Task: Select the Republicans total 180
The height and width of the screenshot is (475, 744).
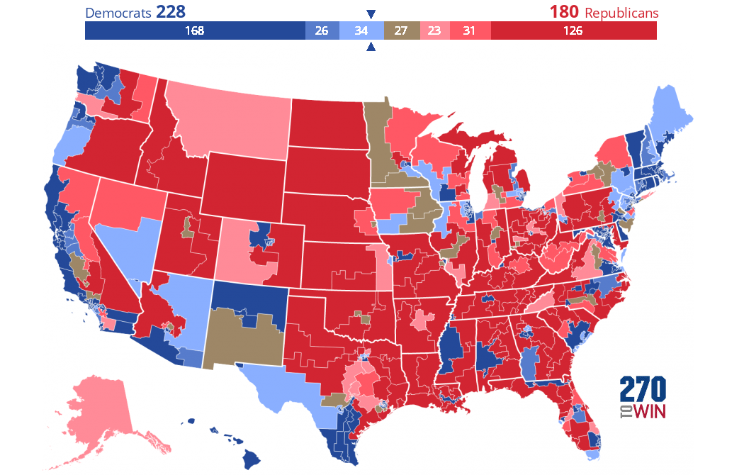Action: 564,13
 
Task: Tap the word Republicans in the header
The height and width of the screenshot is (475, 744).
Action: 621,13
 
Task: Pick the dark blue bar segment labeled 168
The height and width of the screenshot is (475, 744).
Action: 195,31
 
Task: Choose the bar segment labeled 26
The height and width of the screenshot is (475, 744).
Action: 322,31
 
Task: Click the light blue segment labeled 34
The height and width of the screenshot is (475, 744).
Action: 361,31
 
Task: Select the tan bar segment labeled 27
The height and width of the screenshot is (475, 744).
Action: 402,31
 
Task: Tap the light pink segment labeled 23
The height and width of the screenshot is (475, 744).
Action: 434,31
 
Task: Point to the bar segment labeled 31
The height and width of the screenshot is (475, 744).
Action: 468,31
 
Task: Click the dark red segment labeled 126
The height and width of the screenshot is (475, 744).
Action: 573,31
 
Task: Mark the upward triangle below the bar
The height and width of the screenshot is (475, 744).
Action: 371,47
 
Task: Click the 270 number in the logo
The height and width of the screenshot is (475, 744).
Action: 643,390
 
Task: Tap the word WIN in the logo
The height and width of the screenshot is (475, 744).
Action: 650,412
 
